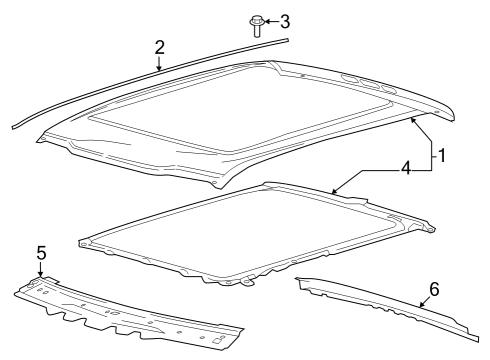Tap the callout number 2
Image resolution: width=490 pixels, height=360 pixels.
(x=159, y=47)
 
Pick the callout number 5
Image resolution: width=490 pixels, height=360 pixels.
(x=40, y=254)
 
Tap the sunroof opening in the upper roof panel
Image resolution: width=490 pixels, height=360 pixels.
(x=240, y=110)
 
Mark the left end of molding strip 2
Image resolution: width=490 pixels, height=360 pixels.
(x=14, y=125)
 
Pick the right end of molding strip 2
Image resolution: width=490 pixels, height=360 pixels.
(x=287, y=39)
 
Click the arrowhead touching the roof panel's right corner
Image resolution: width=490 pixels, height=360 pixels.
(x=412, y=119)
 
